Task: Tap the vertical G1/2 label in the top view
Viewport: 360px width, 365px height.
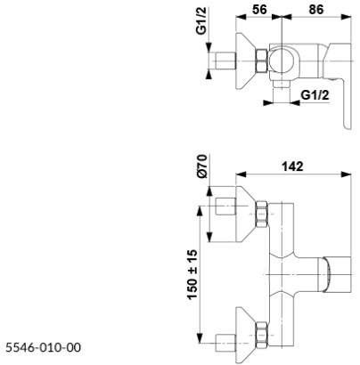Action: click(202, 42)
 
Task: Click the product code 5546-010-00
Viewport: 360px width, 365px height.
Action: click(45, 345)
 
